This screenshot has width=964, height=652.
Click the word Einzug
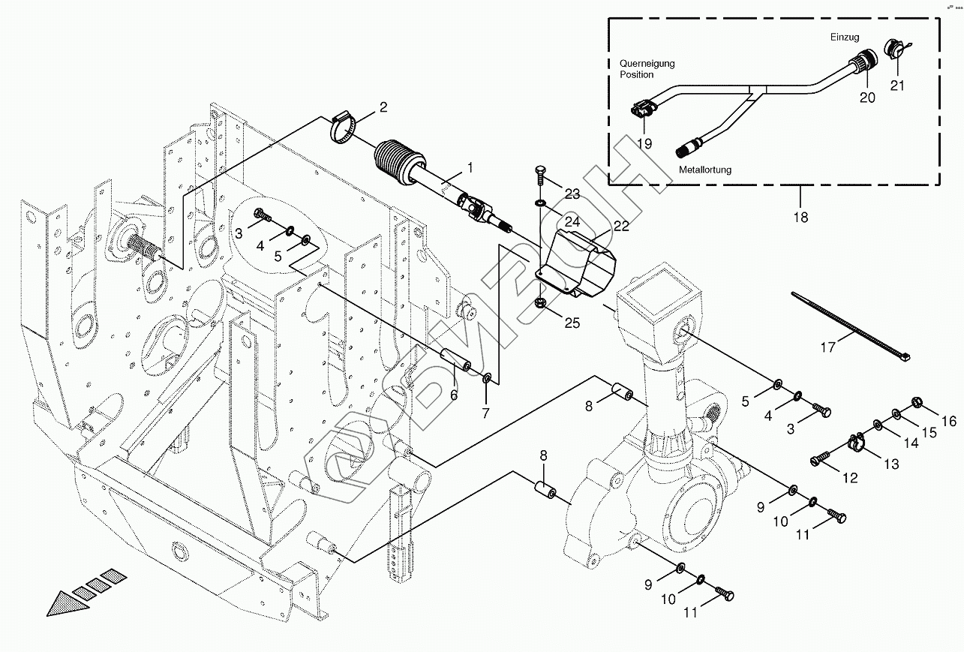[x=845, y=37]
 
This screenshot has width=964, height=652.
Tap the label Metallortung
[x=705, y=170]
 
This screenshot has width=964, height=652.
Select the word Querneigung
[x=646, y=64]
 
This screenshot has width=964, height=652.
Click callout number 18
[x=800, y=218]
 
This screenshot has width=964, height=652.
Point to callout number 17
[x=827, y=347]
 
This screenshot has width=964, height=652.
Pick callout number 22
[x=621, y=226]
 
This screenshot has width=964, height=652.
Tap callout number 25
[x=572, y=323]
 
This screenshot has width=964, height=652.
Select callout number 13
[x=890, y=464]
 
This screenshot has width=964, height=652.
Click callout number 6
[x=454, y=395]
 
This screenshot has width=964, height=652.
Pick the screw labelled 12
[x=821, y=455]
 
